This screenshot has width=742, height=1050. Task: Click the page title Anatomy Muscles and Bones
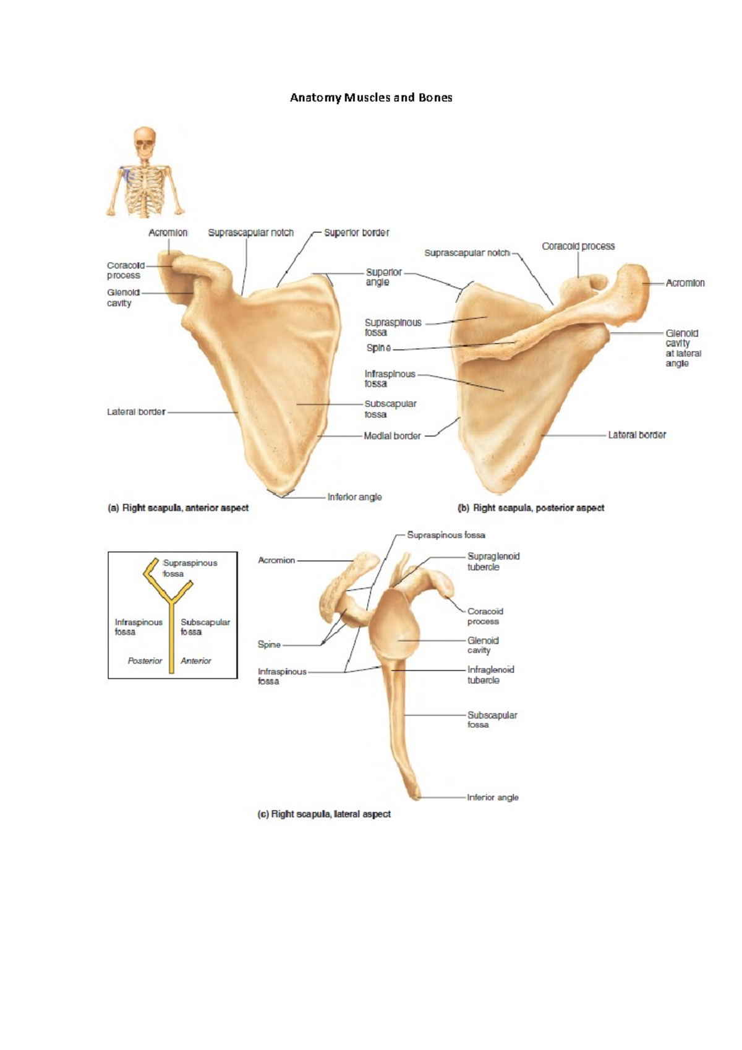pyautogui.click(x=371, y=98)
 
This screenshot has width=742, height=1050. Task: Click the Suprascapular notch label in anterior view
pyautogui.click(x=250, y=233)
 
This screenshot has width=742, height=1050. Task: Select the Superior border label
pyautogui.click(x=356, y=233)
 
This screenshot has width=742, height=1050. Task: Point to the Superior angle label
pyautogui.click(x=383, y=277)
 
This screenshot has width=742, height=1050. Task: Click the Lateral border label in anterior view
pyautogui.click(x=136, y=412)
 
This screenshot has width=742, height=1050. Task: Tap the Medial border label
pyautogui.click(x=392, y=436)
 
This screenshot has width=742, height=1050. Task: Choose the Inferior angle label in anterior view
pyautogui.click(x=354, y=497)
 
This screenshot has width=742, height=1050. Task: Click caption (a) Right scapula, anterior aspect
pyautogui.click(x=178, y=508)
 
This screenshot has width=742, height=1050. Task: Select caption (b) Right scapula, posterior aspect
pyautogui.click(x=531, y=508)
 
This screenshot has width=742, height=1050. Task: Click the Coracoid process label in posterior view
pyautogui.click(x=578, y=246)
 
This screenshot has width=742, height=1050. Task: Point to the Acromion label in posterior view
pyautogui.click(x=685, y=283)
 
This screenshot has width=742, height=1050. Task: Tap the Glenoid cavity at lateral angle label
pyautogui.click(x=683, y=348)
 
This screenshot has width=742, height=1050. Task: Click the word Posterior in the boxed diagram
pyautogui.click(x=145, y=661)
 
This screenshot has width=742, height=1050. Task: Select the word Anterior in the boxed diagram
pyautogui.click(x=196, y=661)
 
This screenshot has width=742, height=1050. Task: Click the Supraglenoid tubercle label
pyautogui.click(x=493, y=561)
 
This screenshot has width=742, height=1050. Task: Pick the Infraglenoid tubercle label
pyautogui.click(x=490, y=675)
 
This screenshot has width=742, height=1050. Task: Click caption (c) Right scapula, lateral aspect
pyautogui.click(x=324, y=814)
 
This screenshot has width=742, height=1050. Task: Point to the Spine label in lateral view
pyautogui.click(x=269, y=644)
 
